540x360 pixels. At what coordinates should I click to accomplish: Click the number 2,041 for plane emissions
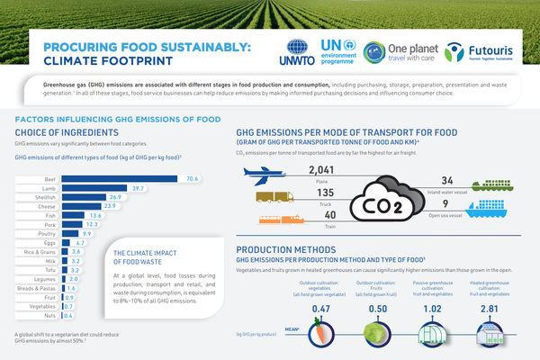(321, 169)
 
